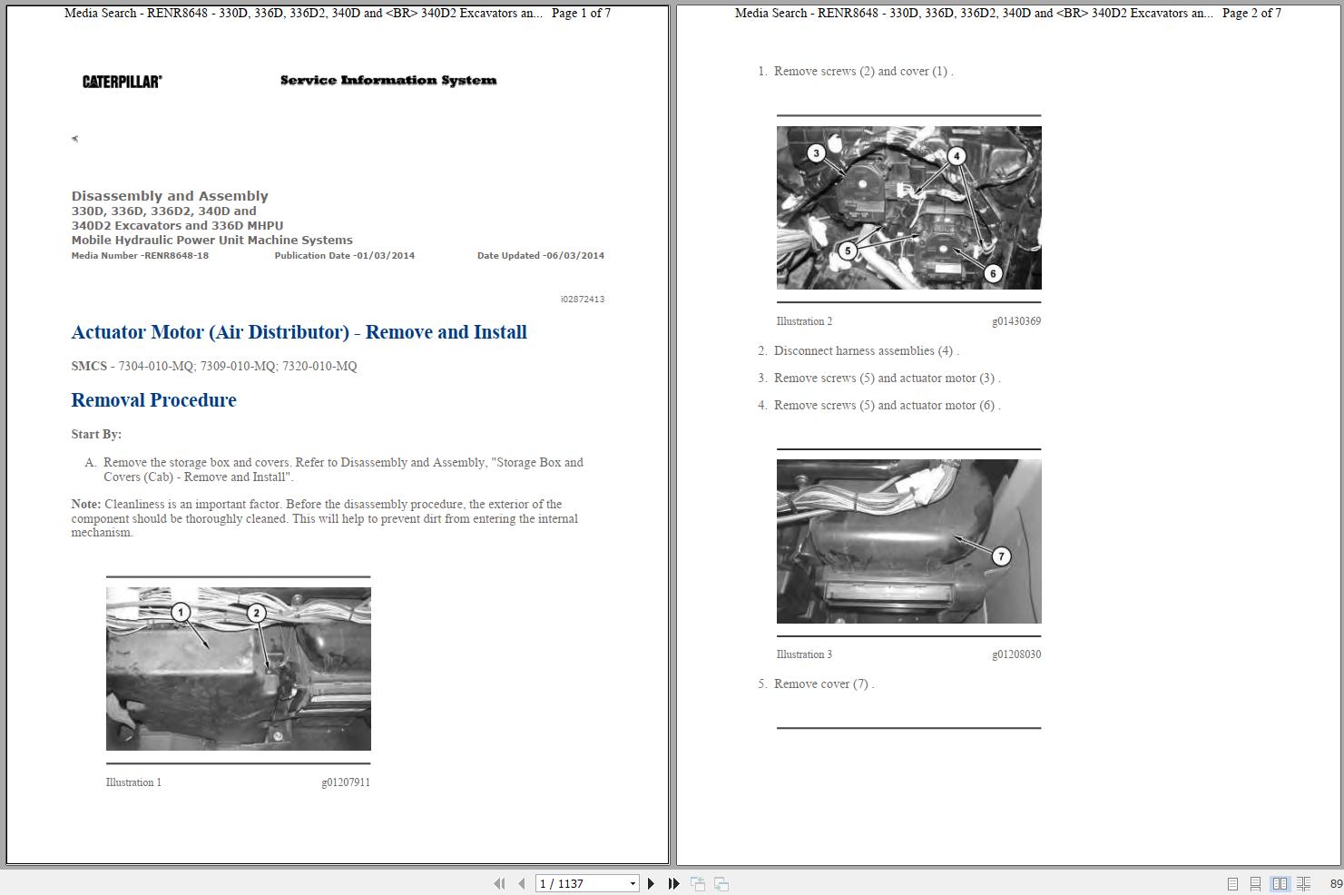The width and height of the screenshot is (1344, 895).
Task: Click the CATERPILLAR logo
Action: coord(122,82)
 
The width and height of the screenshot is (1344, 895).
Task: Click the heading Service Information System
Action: coord(388,81)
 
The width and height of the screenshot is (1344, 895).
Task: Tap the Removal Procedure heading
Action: coord(153,400)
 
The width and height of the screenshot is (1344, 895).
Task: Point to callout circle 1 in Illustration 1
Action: coord(181,613)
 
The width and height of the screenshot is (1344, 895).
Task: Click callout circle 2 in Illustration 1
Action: coord(256,614)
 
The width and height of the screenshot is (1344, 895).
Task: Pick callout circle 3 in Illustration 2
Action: coord(816,153)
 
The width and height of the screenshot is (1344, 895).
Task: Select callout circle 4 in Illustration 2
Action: coord(956,156)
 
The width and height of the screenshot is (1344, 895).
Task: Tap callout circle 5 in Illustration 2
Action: coord(848,251)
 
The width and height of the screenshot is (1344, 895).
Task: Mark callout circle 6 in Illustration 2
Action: coord(993,273)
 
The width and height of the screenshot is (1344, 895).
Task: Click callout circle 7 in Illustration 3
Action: coord(1001,556)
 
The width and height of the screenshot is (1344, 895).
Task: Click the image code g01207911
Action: coord(345,782)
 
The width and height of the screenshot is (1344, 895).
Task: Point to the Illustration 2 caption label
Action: coord(804,321)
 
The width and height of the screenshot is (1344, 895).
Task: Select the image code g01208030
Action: coord(1015,654)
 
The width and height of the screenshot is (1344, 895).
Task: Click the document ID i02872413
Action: coord(582,299)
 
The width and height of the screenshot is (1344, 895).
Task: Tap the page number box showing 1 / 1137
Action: coord(581,883)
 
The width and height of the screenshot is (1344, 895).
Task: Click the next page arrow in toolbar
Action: coord(651,883)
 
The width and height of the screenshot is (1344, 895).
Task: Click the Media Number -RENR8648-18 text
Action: coord(140,256)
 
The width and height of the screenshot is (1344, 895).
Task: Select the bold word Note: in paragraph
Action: coord(86,505)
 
